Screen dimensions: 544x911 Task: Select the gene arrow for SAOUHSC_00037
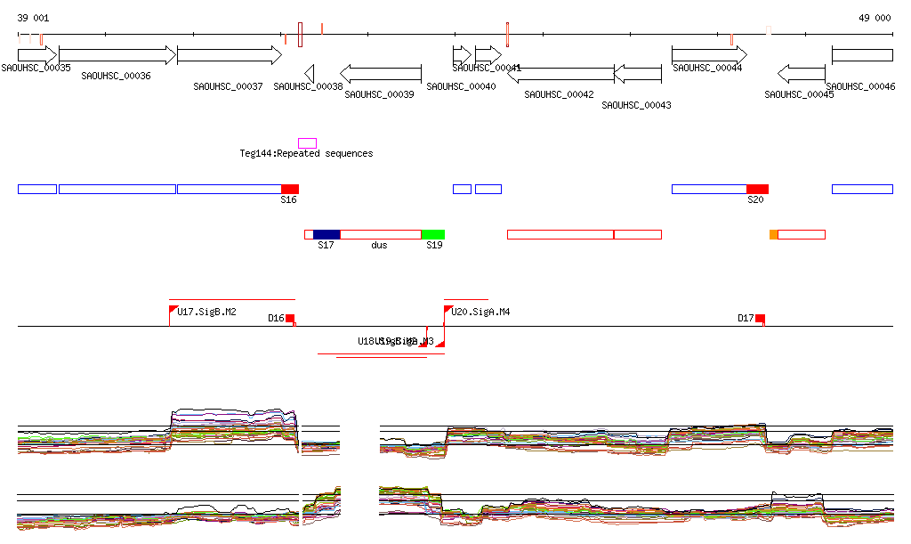[x=229, y=55]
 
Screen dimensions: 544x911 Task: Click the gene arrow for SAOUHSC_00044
[x=708, y=55]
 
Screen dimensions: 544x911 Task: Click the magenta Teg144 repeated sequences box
[x=307, y=143]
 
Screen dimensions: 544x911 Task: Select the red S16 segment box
[x=290, y=189]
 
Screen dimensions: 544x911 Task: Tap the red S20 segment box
[x=757, y=189]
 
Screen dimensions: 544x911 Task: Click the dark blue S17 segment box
[x=327, y=234]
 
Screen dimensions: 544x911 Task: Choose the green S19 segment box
[x=433, y=234]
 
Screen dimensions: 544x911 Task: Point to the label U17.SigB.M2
[x=206, y=312]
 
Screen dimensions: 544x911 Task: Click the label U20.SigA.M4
[x=480, y=312]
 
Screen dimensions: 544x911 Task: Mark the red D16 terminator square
[x=290, y=318]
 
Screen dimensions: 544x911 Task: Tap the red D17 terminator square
[x=760, y=318]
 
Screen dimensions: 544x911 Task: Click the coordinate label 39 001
[x=34, y=18]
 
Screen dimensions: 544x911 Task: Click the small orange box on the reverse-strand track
[x=773, y=234]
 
